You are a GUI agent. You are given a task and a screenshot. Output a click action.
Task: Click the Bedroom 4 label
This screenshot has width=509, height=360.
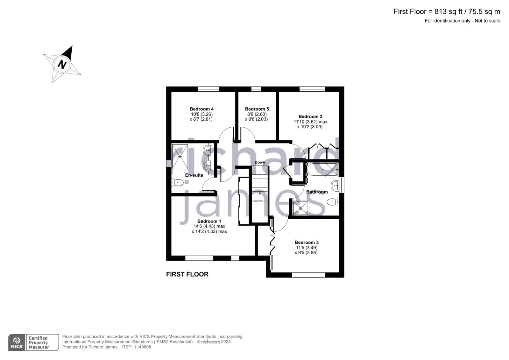click(201, 109)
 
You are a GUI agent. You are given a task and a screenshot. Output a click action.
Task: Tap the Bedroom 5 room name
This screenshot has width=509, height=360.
click(257, 109)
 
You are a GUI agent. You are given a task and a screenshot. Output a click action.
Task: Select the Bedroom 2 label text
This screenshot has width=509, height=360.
click(310, 116)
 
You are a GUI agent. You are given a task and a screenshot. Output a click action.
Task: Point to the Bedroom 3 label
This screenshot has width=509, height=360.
click(307, 243)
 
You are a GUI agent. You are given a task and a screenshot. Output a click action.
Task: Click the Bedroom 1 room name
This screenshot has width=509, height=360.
click(209, 221)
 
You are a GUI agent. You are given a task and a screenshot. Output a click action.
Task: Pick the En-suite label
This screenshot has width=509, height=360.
click(194, 175)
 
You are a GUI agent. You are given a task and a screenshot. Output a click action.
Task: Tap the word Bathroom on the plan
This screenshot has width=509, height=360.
click(317, 192)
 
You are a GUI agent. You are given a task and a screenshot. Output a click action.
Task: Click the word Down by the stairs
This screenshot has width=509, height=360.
click(260, 162)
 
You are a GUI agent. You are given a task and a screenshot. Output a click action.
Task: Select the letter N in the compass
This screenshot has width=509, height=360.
click(62, 65)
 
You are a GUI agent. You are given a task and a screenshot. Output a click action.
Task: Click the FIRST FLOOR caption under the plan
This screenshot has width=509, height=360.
click(187, 274)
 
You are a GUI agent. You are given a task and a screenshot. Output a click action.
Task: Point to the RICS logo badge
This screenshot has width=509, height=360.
click(17, 342)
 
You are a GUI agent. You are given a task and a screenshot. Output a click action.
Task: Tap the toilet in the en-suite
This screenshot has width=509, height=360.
click(178, 182)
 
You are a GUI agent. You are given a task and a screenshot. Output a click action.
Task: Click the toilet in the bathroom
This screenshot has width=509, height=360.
click(333, 202)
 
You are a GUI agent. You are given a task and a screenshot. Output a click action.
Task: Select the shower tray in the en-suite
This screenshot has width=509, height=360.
click(180, 157)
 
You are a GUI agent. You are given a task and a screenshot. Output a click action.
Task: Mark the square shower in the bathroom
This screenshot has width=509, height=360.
click(300, 208)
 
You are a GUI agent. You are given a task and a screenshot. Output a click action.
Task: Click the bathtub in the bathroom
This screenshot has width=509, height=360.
click(323, 170)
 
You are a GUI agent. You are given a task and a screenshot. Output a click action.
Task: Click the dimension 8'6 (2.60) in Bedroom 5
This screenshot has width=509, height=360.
click(257, 114)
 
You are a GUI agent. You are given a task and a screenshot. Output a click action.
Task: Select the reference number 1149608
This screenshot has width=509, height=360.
click(143, 347)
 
